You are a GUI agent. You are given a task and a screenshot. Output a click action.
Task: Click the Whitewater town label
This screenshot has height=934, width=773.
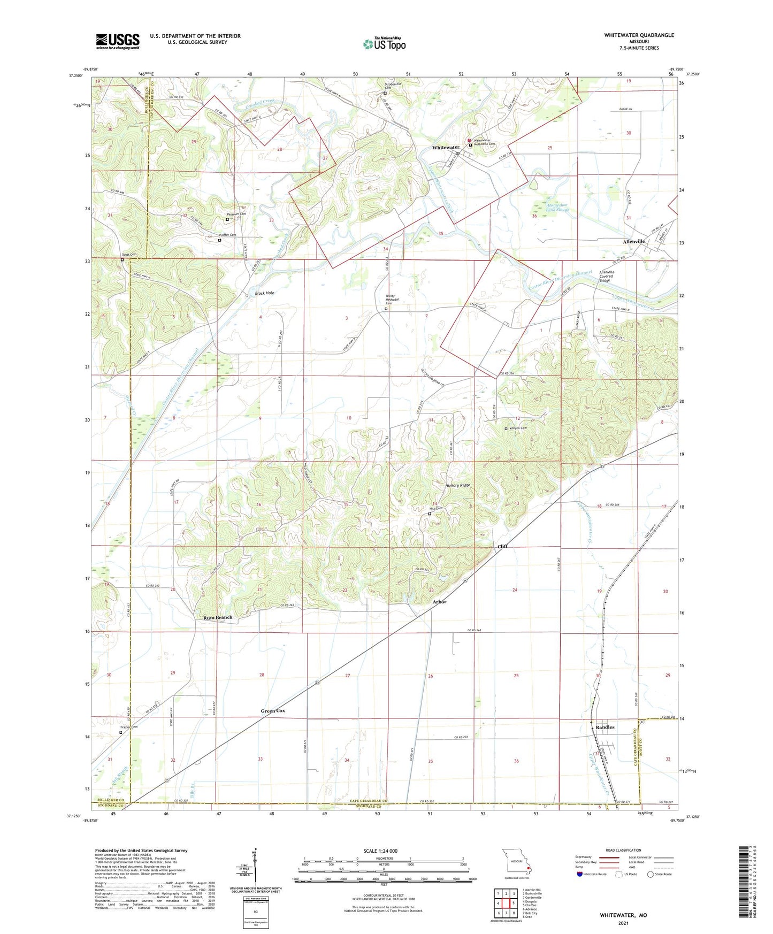coord(446,147)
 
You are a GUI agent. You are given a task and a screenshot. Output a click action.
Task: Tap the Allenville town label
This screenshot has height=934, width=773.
coord(633,241)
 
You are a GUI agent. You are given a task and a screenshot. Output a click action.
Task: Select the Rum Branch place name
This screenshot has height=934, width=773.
coord(218,617)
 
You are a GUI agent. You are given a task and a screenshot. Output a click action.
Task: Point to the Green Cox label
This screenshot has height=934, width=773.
coord(273,711)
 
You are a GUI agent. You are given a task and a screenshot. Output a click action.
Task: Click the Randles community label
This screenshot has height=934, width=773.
coord(605,728)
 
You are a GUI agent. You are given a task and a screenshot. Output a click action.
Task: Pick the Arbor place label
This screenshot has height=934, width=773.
coord(439,602)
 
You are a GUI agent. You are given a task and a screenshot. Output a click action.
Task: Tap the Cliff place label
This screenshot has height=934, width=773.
coord(502,546)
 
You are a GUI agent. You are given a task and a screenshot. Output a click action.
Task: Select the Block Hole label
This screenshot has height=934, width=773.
coord(264,293)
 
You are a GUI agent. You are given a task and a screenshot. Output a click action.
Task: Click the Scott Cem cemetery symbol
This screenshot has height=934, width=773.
coord(122,260)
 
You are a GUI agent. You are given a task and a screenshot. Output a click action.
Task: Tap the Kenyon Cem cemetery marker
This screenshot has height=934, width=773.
coord(506,428)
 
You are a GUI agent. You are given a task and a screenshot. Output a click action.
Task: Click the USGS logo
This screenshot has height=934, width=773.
coord(118,41)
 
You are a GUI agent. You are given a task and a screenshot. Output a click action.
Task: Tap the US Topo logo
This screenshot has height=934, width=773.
coord(384,44)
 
